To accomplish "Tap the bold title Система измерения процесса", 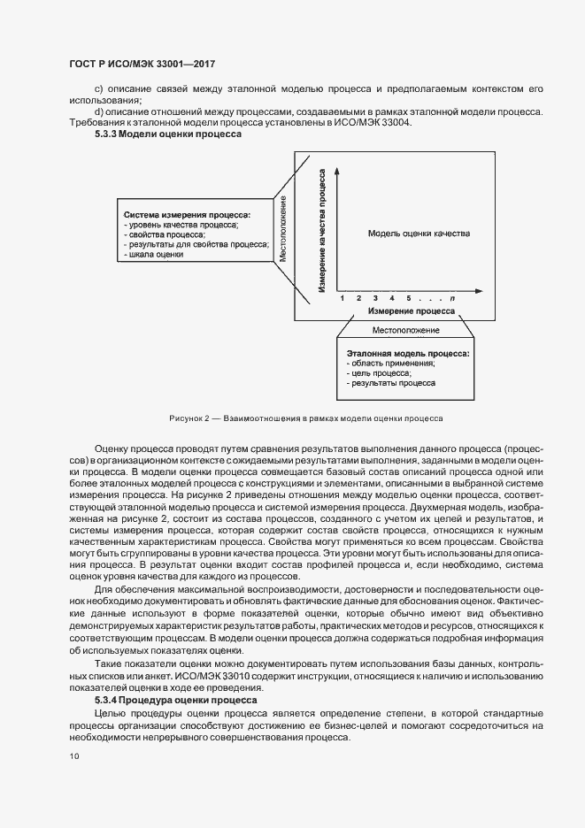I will pos(187,215).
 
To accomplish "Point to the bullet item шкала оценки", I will pos(156,255).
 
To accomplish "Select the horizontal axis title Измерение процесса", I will pos(412,311).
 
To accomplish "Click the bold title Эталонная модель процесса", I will pos(407,353).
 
